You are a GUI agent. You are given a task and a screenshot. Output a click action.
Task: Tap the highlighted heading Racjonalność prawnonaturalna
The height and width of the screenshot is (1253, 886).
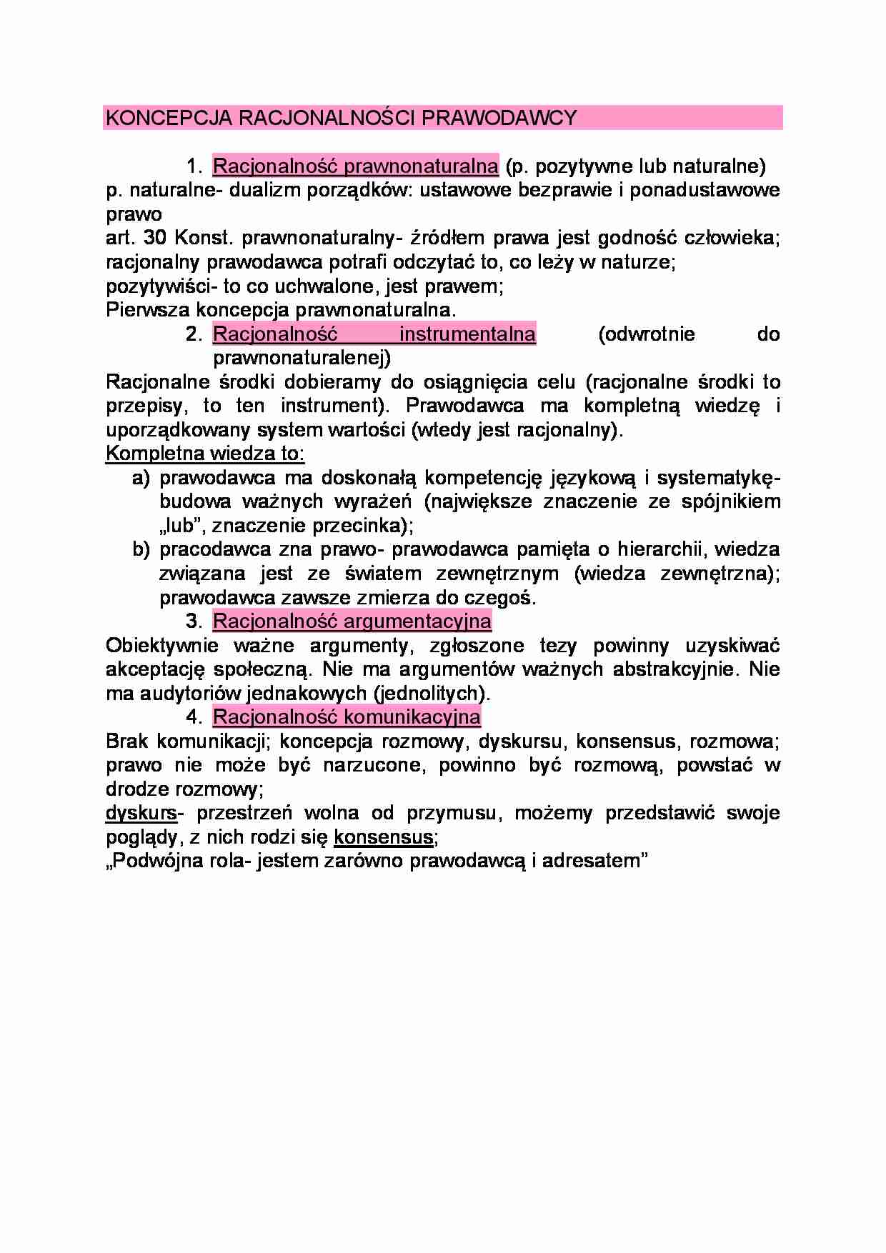click(355, 166)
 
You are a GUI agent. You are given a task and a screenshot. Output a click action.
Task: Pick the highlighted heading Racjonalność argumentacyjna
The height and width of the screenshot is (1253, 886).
click(352, 621)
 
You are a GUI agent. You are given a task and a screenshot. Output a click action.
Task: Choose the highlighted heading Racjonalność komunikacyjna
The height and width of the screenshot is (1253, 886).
click(347, 717)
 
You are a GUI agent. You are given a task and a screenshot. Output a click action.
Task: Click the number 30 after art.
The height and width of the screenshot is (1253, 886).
click(155, 239)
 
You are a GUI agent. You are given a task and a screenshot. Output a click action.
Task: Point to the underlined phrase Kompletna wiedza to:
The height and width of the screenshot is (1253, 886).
click(205, 454)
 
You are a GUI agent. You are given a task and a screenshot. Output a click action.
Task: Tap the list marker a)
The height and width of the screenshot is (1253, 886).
click(141, 478)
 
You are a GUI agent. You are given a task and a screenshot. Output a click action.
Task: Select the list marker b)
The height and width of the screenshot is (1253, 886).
click(141, 549)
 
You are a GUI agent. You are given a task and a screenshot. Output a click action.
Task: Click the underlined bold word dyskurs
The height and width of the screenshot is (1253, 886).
click(141, 813)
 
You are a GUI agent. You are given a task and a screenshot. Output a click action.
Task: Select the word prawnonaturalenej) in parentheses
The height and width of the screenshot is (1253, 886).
click(302, 358)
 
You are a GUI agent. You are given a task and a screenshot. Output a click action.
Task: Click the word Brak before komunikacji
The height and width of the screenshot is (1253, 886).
click(128, 741)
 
